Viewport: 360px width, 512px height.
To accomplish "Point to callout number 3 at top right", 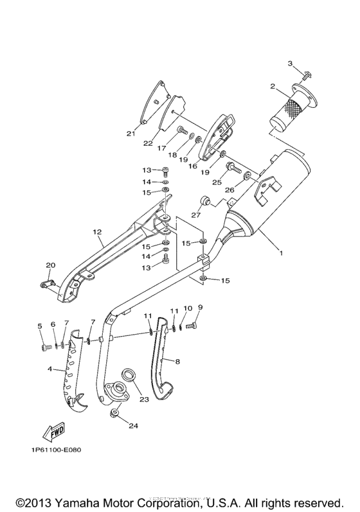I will click(x=290, y=63).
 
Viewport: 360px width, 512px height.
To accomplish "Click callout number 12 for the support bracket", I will click(x=97, y=232).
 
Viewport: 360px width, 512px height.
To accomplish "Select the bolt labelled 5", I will click(x=44, y=348).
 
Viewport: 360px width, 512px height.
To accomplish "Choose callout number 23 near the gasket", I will click(x=143, y=399).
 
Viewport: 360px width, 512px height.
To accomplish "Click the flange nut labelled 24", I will click(x=114, y=413).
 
